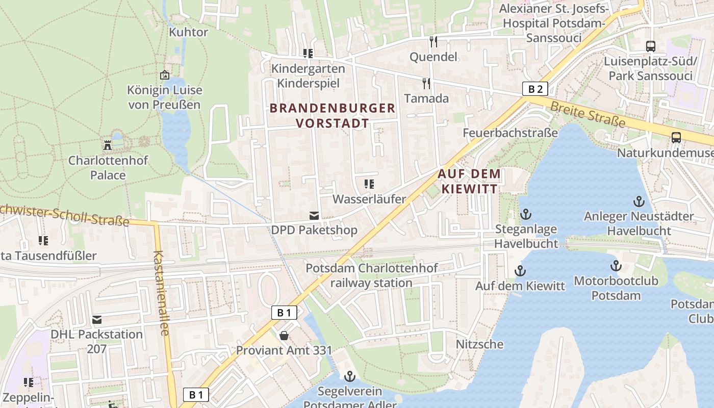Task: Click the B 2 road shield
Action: [x=535, y=89]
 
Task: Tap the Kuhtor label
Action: [x=188, y=32]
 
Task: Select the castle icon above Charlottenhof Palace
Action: [x=108, y=145]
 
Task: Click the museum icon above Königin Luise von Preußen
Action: [x=164, y=75]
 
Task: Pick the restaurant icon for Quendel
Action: [x=433, y=41]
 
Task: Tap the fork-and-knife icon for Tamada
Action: [x=426, y=83]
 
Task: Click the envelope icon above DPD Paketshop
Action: [x=314, y=216]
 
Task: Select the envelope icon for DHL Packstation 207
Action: [x=97, y=320]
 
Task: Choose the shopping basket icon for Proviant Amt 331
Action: [x=284, y=336]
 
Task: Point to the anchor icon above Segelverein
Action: [x=349, y=376]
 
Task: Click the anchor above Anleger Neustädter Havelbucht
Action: [x=639, y=201]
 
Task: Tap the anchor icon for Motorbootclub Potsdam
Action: [x=616, y=266]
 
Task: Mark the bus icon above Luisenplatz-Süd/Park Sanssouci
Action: [x=651, y=46]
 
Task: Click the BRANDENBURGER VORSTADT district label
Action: [x=333, y=115]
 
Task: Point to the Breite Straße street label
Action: [x=588, y=113]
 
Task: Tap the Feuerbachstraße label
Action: [x=510, y=133]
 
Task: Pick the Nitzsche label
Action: [x=479, y=344]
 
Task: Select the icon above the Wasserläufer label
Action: [x=369, y=184]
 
